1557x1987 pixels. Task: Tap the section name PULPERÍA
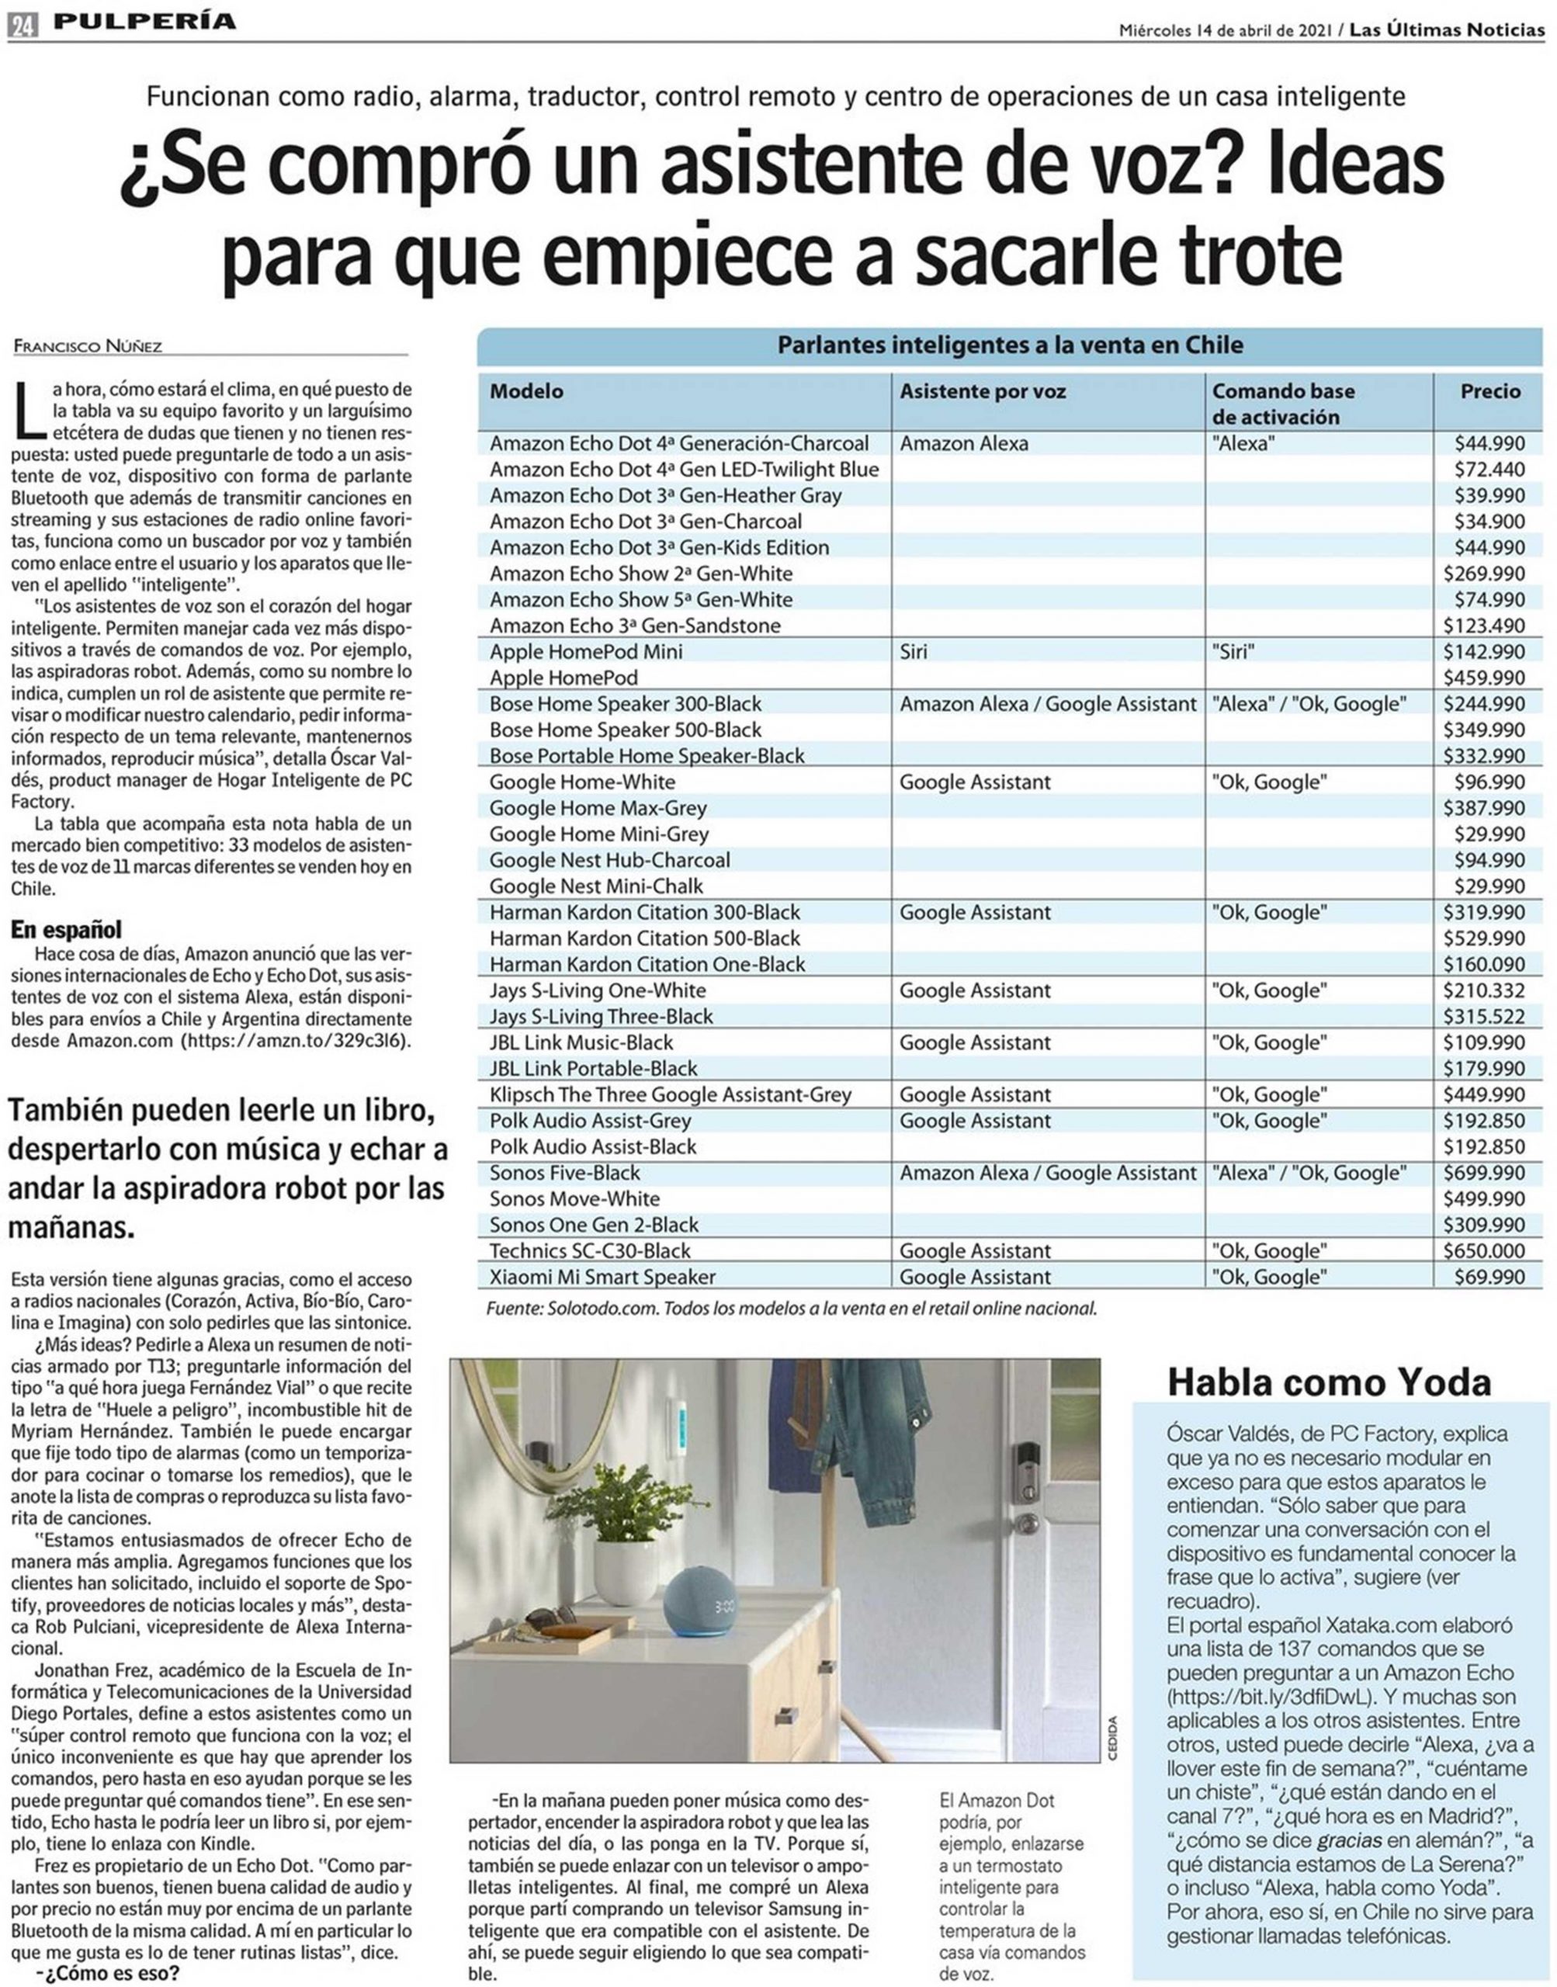(144, 22)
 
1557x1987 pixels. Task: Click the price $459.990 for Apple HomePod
(1483, 678)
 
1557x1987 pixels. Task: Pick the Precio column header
(1490, 391)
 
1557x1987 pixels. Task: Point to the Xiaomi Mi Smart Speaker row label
(602, 1276)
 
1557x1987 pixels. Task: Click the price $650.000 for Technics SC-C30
(1483, 1250)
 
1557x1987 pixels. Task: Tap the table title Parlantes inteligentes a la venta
(1009, 345)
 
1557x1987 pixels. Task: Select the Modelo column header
(526, 391)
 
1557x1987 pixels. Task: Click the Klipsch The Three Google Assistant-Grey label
(670, 1094)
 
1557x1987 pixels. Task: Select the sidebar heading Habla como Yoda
(1328, 1382)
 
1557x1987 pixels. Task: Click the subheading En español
(66, 930)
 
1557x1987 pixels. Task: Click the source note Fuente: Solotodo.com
(790, 1308)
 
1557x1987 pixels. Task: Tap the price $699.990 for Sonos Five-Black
(1483, 1172)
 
